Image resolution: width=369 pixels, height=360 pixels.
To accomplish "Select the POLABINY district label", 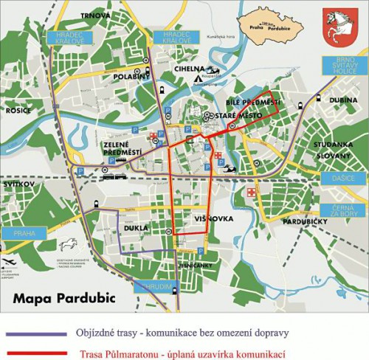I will [x=132, y=76].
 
